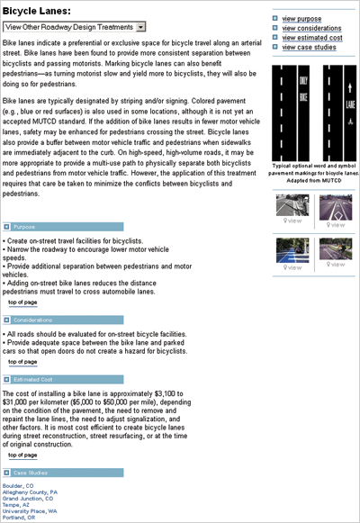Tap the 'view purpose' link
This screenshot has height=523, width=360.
(301, 18)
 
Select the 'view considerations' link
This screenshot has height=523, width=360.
(310, 28)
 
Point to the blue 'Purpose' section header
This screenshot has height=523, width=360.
(26, 227)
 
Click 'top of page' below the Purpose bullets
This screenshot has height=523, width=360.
(22, 302)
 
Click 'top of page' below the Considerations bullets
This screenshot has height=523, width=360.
(22, 362)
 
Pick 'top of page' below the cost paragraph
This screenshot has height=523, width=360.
(22, 455)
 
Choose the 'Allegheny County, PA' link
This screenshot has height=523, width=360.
(30, 492)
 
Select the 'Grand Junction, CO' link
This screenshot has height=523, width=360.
(28, 499)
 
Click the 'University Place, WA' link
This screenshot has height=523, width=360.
(30, 511)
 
